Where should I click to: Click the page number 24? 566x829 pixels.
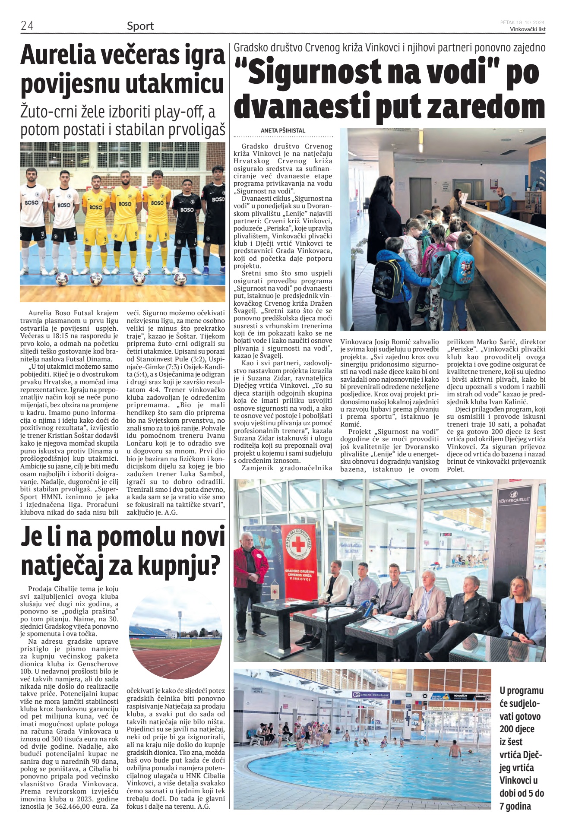pos(27,26)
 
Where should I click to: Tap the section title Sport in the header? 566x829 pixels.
pos(140,26)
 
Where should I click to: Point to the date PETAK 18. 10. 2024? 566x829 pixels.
pos(523,22)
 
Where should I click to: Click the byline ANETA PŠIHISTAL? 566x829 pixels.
pos(283,130)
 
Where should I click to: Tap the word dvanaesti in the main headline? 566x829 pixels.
pos(303,106)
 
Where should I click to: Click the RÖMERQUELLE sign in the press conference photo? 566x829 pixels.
pos(514,498)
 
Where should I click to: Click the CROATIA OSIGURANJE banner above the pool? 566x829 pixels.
pos(371,695)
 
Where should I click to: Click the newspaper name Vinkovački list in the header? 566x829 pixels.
pos(527,29)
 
